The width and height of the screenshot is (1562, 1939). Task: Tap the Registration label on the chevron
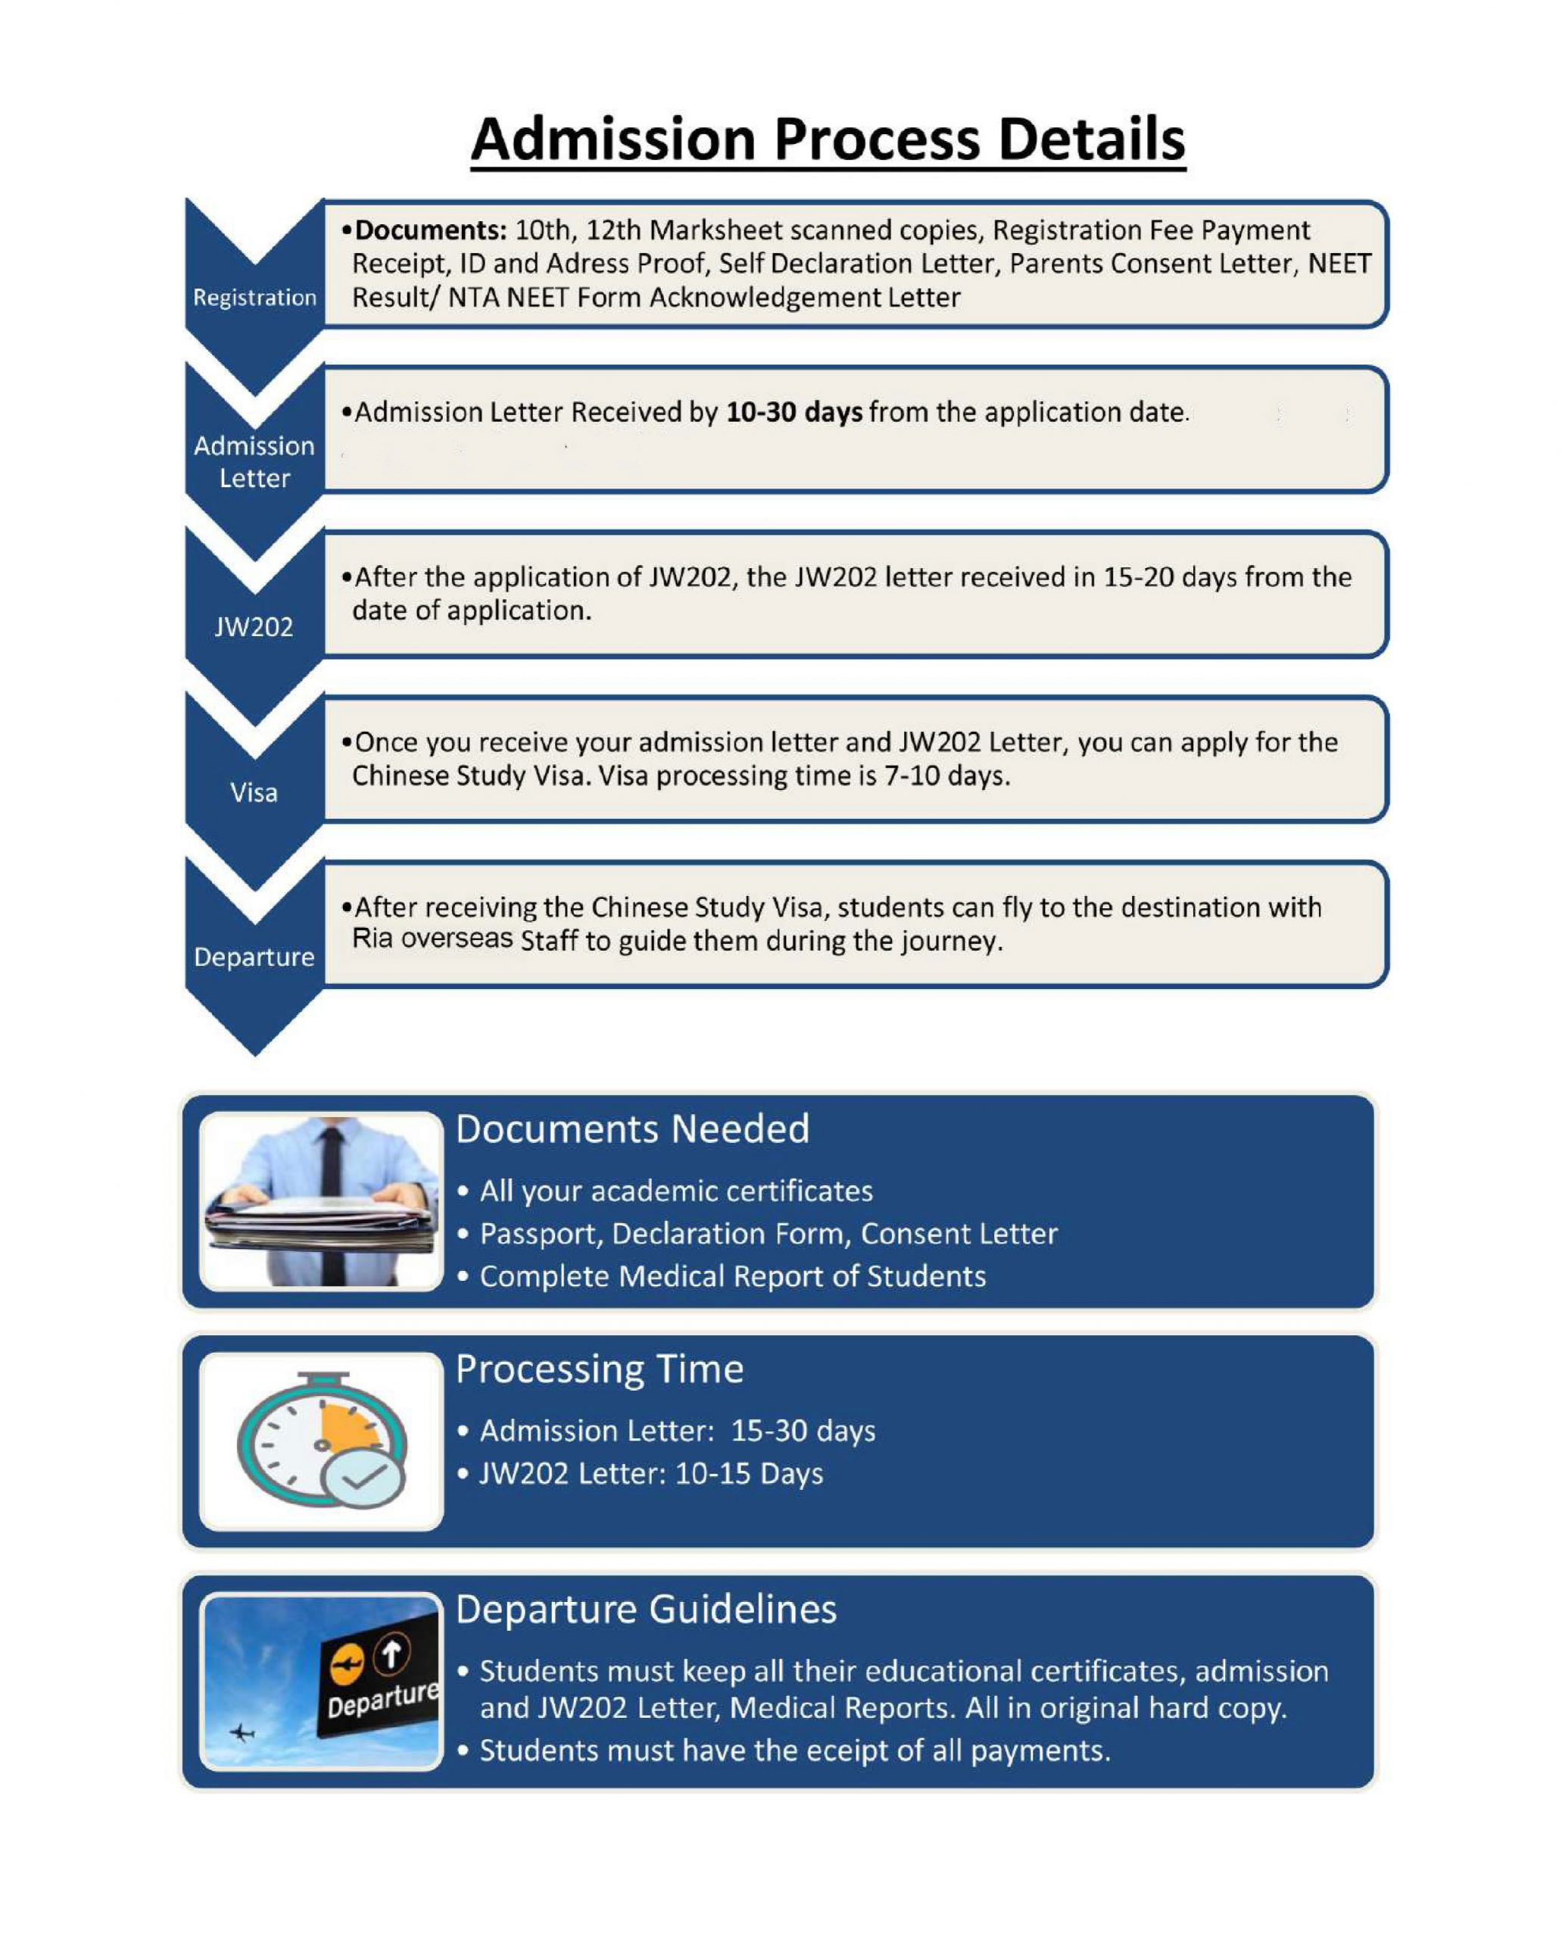click(254, 297)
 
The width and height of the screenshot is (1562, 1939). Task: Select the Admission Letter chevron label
click(254, 462)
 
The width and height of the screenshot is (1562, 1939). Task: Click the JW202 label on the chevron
click(254, 626)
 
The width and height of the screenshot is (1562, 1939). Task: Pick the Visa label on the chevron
click(254, 792)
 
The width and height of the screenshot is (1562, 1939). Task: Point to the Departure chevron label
click(254, 957)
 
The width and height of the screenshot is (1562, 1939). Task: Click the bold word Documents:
click(431, 230)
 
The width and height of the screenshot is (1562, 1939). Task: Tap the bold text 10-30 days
click(794, 412)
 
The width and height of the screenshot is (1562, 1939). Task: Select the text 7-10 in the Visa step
click(912, 776)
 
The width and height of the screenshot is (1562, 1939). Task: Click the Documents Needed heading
click(632, 1129)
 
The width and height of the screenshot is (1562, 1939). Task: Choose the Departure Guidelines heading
click(646, 1610)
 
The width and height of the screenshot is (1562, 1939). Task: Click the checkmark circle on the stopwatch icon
click(363, 1475)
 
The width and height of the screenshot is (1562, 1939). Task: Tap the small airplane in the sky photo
click(241, 1732)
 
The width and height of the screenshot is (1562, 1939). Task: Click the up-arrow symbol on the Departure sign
click(391, 1653)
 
